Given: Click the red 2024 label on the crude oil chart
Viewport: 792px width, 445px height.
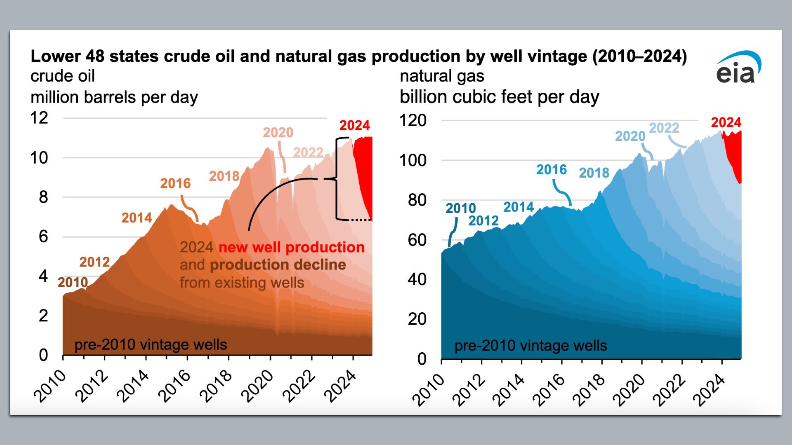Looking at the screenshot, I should pos(354,125).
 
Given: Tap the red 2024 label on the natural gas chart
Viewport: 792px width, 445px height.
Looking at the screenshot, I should pos(726,122).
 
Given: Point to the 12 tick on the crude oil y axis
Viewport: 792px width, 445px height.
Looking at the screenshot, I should pos(39,118).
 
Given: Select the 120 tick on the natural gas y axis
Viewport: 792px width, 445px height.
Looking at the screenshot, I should pos(412,121).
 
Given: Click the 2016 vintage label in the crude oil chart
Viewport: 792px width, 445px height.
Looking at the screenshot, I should pos(175,183).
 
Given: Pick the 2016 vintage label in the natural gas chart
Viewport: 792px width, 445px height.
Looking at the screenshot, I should pos(552,170).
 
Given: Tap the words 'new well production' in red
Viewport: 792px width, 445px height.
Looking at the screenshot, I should pos(291,247).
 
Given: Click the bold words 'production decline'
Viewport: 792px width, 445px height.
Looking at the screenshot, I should pos(278,265).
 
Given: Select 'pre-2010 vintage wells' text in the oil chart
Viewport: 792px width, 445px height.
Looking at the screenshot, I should pos(151,344).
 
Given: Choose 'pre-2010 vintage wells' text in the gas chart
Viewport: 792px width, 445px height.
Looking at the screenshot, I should pos(530,346).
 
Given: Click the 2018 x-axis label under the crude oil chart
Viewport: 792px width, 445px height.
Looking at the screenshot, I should pos(216,386).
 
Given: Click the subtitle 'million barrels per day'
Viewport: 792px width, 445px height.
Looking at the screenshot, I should pos(114,97).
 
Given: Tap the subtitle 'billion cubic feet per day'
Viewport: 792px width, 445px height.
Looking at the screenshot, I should pos(499,97).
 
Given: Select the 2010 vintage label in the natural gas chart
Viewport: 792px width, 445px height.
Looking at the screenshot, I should pos(460,208).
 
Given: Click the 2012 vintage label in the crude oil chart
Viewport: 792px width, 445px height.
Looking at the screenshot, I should pos(94,262).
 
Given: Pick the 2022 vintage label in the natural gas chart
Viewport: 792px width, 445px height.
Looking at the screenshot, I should pos(664,128).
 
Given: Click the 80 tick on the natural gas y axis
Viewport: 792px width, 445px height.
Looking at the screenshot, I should pos(417,200).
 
